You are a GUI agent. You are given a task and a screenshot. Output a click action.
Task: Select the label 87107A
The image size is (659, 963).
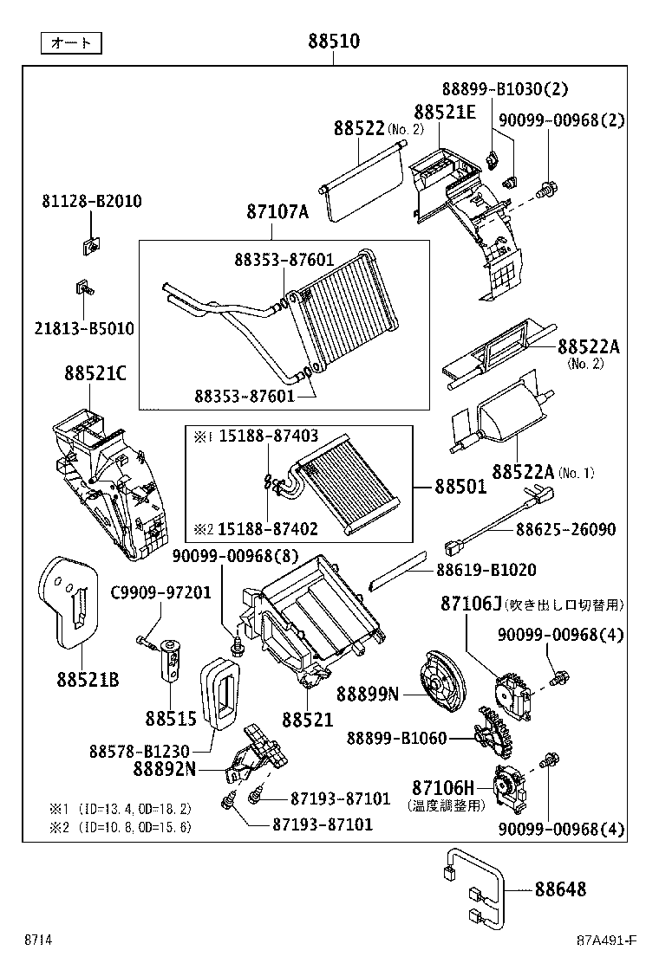click(277, 211)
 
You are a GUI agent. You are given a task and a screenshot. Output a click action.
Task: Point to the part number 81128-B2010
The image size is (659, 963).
click(92, 201)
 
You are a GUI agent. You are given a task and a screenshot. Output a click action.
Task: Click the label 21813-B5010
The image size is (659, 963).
click(84, 328)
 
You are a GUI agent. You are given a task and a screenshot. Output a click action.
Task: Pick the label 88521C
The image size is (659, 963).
click(95, 373)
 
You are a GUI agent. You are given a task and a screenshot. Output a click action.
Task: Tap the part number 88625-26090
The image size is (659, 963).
click(565, 529)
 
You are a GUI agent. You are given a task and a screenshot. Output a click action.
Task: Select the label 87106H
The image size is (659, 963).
click(443, 788)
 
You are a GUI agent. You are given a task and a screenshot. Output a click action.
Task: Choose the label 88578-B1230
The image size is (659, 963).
click(139, 751)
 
